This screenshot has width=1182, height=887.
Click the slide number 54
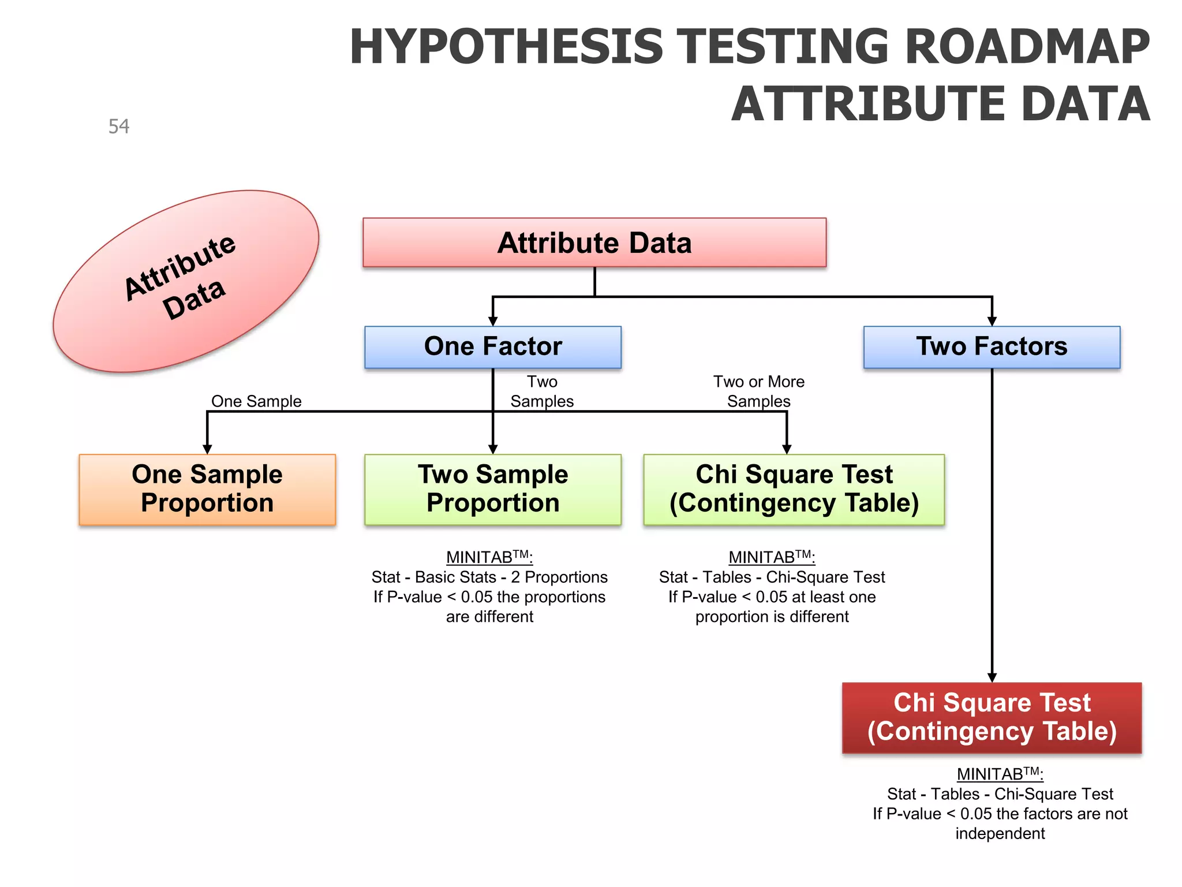click(x=119, y=126)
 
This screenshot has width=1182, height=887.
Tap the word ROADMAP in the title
click(x=1027, y=47)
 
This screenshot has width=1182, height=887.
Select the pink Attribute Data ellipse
click(x=185, y=281)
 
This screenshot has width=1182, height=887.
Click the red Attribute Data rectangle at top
click(x=594, y=243)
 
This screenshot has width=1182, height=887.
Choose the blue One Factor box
click(x=493, y=347)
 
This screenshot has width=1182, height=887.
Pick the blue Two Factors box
click(x=992, y=347)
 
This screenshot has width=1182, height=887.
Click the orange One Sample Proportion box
click(x=207, y=489)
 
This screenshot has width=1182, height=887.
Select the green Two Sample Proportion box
click(x=493, y=489)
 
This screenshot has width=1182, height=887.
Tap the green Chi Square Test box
click(x=794, y=489)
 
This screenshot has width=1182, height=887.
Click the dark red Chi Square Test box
click(x=992, y=718)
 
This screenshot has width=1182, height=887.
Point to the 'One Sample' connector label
click(x=256, y=401)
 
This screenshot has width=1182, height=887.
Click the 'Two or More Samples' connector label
click(x=758, y=392)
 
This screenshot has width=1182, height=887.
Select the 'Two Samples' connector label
click(x=542, y=392)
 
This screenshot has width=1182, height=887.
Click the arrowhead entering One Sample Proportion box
click(x=207, y=449)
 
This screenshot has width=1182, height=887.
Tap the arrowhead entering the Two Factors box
click(x=992, y=322)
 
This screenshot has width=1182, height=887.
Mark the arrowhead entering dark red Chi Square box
click(x=992, y=677)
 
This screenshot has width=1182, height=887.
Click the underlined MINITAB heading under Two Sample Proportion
click(x=489, y=557)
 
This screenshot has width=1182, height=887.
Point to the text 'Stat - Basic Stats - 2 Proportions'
click(x=489, y=577)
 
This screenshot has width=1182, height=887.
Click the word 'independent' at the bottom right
click(x=1000, y=833)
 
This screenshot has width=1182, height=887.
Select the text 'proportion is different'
click(x=772, y=617)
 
